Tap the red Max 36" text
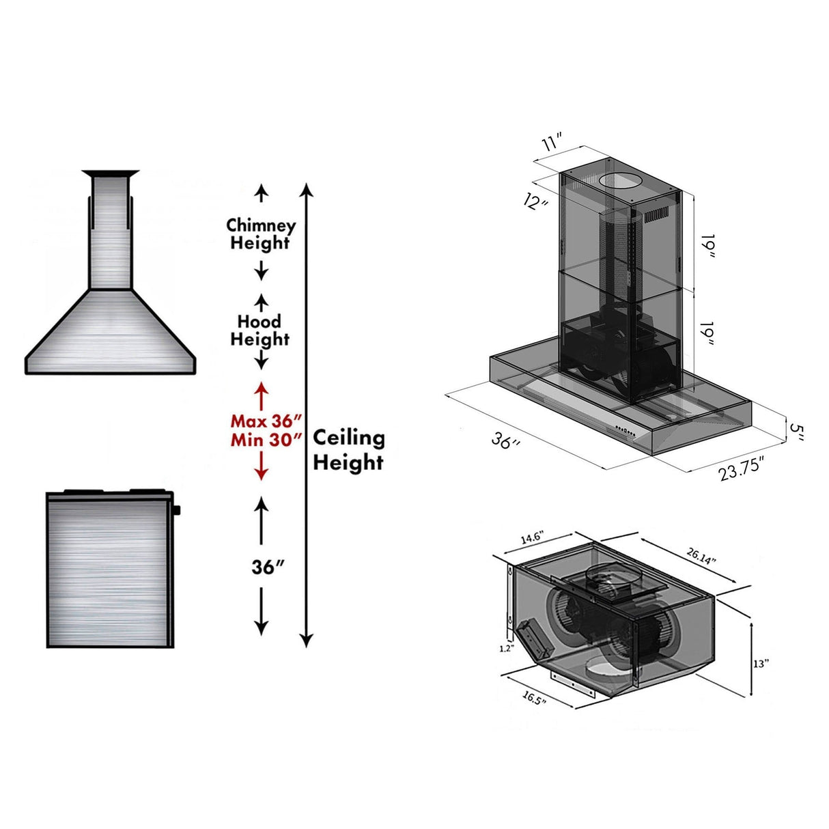click(266, 420)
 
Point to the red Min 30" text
click(266, 440)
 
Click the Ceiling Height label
click(348, 450)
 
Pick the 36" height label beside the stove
click(268, 567)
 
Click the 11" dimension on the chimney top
click(551, 143)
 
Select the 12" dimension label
click(536, 201)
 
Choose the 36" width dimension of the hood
click(505, 440)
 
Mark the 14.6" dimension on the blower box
click(532, 539)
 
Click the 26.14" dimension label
click(701, 555)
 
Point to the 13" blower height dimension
click(761, 663)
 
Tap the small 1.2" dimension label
click(505, 649)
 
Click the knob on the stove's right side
click(177, 509)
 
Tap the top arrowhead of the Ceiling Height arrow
click(307, 189)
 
